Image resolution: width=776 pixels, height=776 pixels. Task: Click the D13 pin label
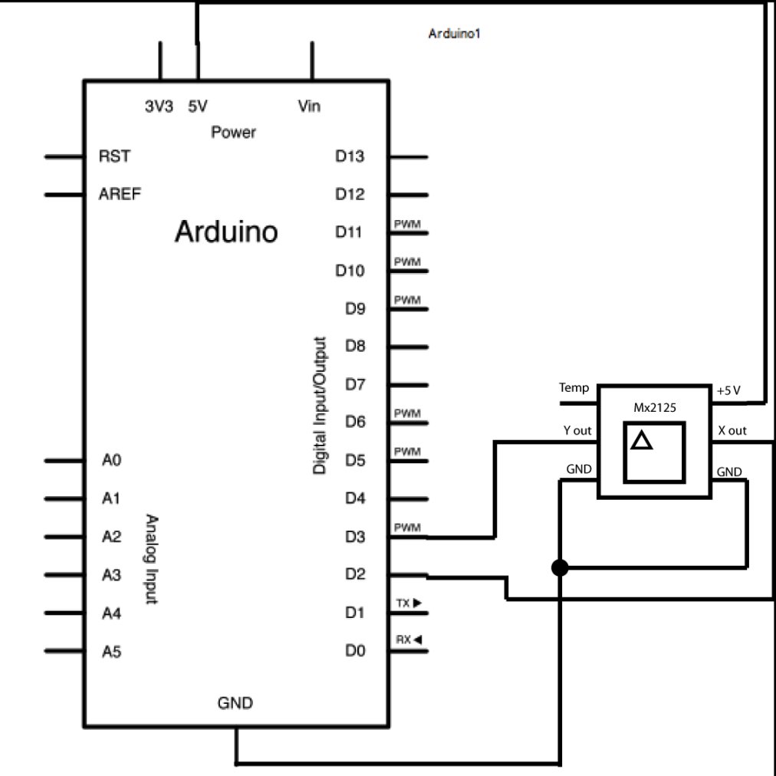tap(350, 156)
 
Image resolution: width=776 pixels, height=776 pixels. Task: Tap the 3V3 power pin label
tap(159, 106)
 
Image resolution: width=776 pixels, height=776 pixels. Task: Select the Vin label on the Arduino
tap(309, 106)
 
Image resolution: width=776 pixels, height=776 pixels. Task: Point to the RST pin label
tap(114, 156)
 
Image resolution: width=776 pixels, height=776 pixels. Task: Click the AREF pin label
tap(120, 194)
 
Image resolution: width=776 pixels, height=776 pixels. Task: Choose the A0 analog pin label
tap(111, 460)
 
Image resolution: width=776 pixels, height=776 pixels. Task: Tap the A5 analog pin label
tap(111, 652)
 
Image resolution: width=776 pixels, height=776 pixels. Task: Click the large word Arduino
tap(226, 232)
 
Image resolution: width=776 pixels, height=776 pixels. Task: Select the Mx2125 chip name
tap(655, 408)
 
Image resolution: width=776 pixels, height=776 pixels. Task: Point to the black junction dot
tap(560, 567)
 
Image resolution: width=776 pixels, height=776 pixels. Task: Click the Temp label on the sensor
tap(574, 387)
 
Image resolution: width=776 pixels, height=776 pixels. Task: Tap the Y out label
tap(577, 431)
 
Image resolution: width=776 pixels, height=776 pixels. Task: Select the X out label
tap(732, 431)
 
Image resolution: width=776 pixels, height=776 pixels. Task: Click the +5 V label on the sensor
tap(728, 390)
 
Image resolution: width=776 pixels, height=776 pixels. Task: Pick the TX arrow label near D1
tap(409, 603)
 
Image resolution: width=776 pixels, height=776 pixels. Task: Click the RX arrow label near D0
tap(409, 640)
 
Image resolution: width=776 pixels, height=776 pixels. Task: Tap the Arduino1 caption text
tap(454, 34)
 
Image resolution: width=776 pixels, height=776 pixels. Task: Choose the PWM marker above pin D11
tap(407, 224)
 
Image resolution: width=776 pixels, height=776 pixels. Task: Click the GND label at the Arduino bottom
tap(235, 702)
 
